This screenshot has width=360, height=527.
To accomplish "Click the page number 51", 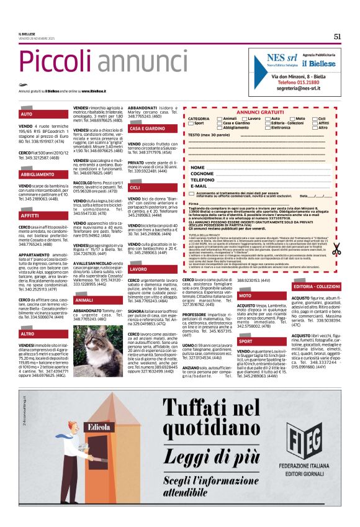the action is pos(337,37).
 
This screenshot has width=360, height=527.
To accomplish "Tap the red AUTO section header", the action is pos(26,114).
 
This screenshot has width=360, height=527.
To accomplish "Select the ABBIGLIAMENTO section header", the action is pos(37,174).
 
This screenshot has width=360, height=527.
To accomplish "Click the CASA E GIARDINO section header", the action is pos(147,128).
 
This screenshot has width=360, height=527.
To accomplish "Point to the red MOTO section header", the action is pos(245,296).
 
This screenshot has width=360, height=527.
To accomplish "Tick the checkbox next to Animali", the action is pos(219,118).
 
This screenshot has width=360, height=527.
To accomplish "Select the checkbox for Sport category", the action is pos(190,123).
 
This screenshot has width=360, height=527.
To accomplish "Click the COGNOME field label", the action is pos(202,173).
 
